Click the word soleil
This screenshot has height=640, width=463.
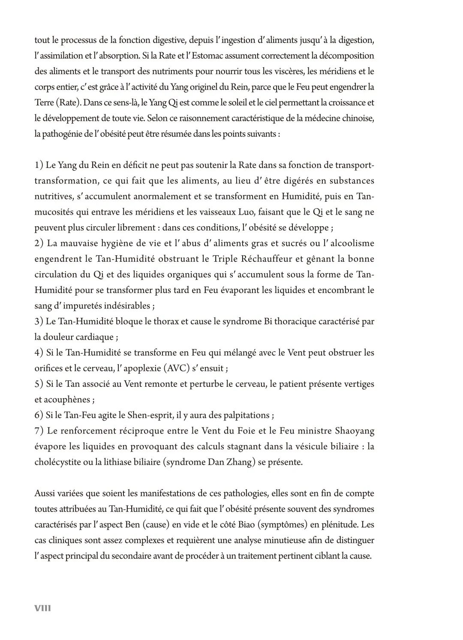(256, 103)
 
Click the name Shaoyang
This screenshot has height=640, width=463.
(353, 431)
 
